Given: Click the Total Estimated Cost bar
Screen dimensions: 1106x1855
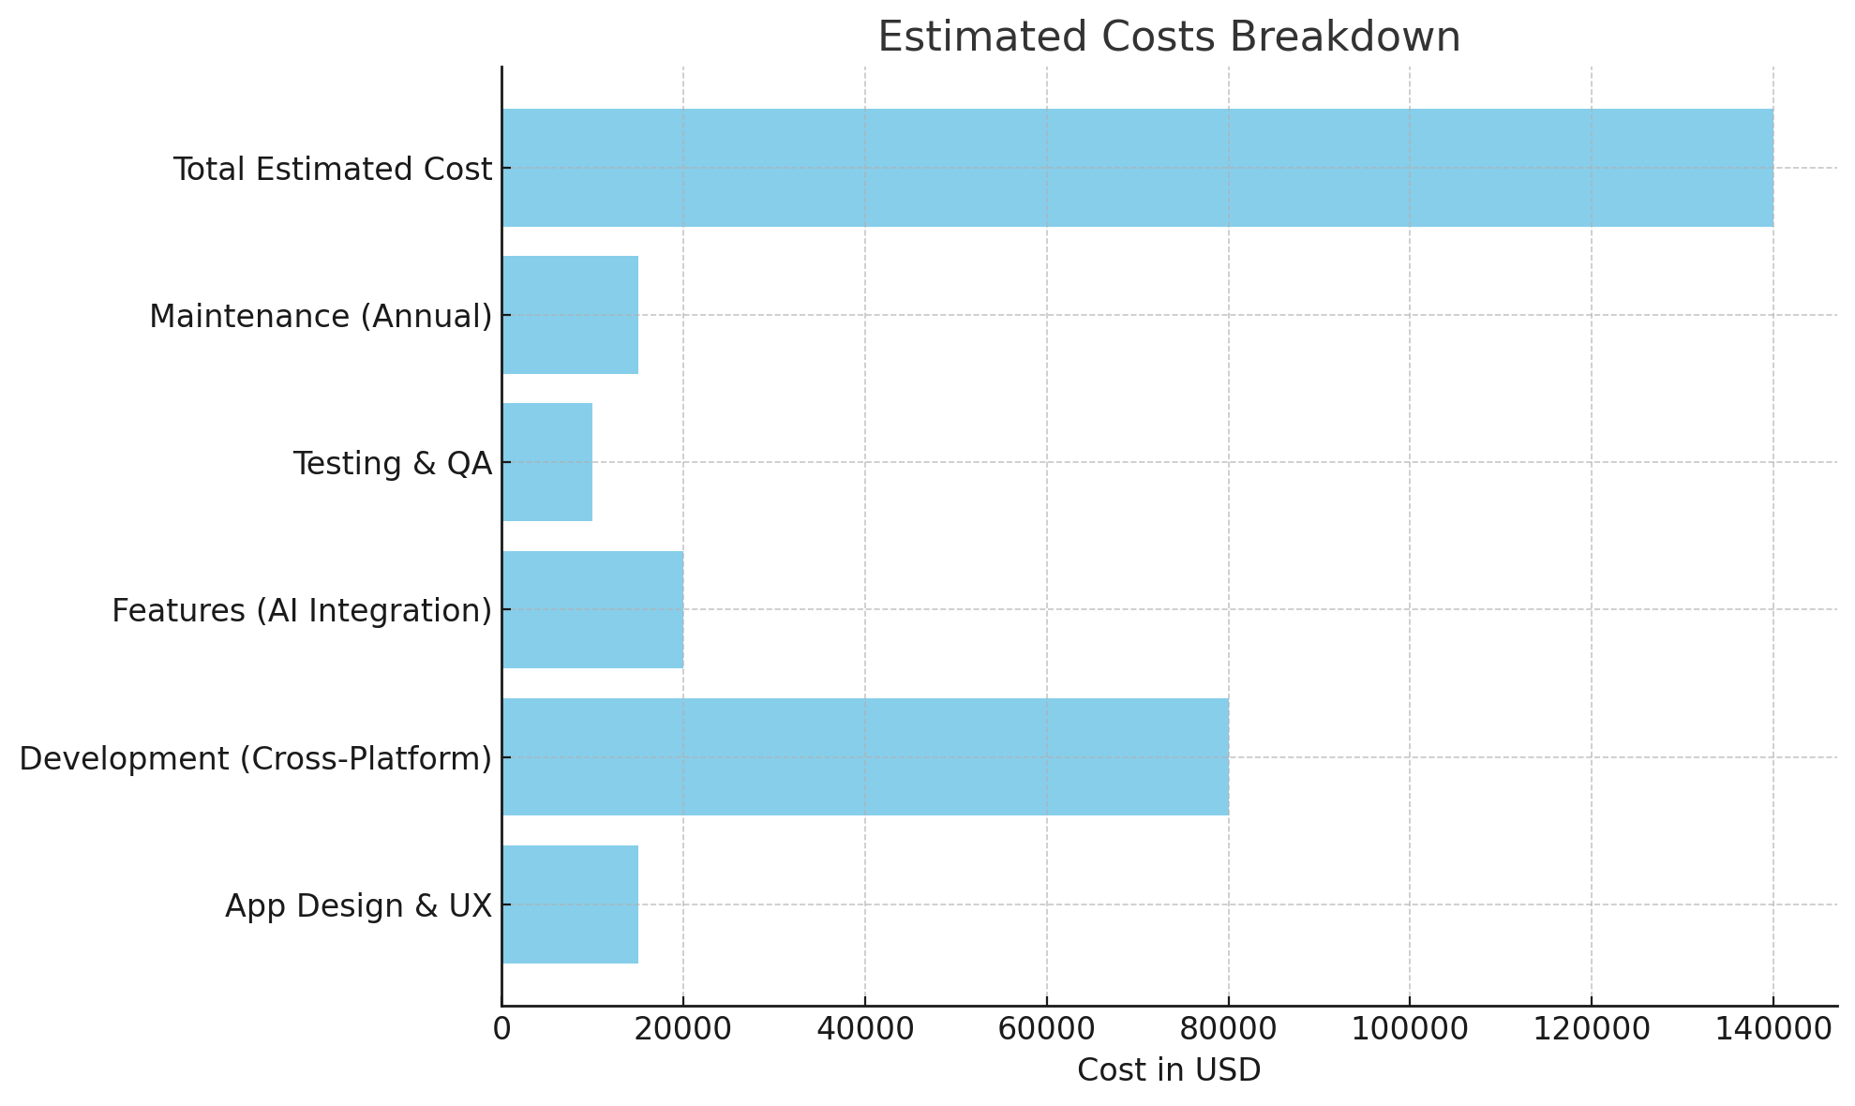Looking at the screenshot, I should (x=1137, y=168).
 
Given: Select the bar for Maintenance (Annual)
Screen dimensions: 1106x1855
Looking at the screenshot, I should (x=570, y=315).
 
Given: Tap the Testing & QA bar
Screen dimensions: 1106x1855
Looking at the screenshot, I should (x=547, y=462).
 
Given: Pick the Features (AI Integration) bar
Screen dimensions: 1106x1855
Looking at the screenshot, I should (x=592, y=609).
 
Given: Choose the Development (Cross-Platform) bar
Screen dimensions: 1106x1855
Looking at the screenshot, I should (x=865, y=756).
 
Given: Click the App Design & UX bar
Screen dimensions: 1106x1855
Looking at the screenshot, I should (x=570, y=904).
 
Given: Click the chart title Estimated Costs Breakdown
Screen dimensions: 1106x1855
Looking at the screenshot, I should (x=1169, y=37).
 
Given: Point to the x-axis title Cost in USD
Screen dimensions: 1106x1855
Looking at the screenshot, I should (x=1169, y=1069).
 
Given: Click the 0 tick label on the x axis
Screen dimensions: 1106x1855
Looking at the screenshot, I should (x=502, y=1029).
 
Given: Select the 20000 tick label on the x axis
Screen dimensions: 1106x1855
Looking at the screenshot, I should (x=683, y=1029).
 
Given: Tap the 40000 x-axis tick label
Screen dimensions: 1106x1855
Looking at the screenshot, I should (x=865, y=1029).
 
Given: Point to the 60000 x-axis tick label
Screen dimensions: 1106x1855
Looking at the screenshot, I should (x=1047, y=1029).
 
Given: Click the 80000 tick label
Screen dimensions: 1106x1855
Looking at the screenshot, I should (x=1229, y=1029).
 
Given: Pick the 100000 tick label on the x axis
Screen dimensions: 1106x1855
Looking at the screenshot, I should (x=1410, y=1029).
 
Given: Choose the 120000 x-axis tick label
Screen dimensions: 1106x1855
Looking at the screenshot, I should (x=1592, y=1029).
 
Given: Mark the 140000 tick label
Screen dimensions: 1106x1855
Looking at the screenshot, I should (x=1773, y=1029).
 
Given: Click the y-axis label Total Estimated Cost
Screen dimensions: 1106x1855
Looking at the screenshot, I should (x=333, y=170).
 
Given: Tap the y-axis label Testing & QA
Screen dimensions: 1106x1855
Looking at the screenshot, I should (x=393, y=464).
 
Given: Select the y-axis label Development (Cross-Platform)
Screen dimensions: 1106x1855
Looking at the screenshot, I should (x=256, y=758).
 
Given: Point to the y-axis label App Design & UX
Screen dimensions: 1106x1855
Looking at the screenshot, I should (x=358, y=906).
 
